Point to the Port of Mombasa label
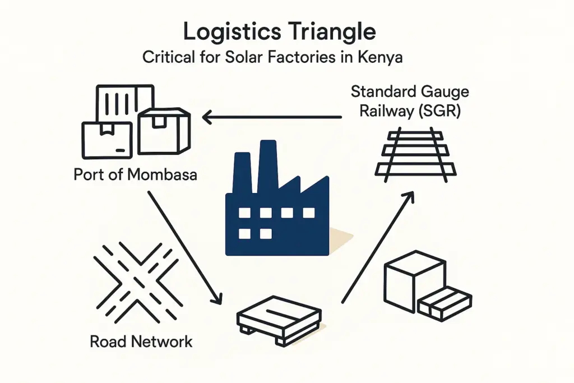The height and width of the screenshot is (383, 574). (135, 174)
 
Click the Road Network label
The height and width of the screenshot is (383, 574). (141, 342)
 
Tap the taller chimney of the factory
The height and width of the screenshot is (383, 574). (269, 163)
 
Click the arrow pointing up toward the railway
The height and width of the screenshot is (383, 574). (377, 246)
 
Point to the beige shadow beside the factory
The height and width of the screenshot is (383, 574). (339, 238)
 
